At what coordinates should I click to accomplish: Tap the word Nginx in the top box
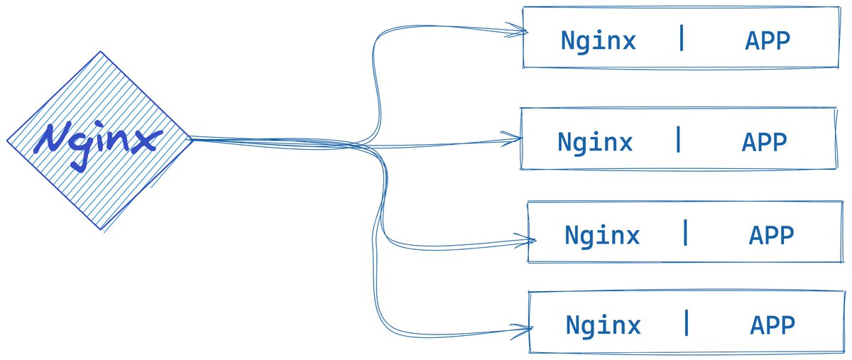coord(598,41)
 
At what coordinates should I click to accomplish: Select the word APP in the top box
coord(767,41)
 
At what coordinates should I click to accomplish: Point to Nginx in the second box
coord(595,143)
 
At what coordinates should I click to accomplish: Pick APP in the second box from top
coord(764,143)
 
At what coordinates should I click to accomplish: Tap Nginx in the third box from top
coord(602,235)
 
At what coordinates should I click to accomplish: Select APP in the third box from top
coord(771,235)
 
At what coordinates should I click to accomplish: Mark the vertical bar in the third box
coord(685,232)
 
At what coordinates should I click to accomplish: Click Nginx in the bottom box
coord(603,326)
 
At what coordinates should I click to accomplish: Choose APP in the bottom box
coord(772,326)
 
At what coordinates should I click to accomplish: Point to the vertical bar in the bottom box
coord(687,323)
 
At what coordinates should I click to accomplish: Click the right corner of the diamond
coord(192,139)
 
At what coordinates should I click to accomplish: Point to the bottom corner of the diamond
coord(100,229)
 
